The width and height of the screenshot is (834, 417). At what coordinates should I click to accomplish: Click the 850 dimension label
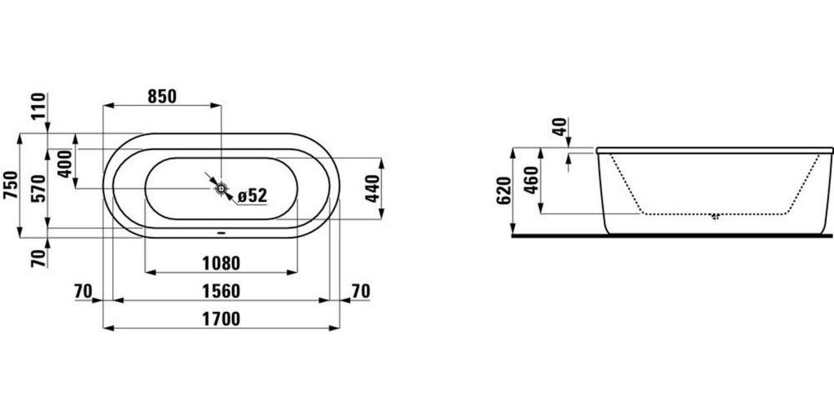162,96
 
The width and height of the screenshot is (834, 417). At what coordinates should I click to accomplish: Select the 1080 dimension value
222,263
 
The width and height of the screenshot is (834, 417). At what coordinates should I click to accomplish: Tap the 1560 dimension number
222,291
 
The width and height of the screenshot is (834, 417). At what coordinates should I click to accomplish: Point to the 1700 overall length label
222,319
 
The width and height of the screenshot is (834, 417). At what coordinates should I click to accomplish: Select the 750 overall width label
10,185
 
